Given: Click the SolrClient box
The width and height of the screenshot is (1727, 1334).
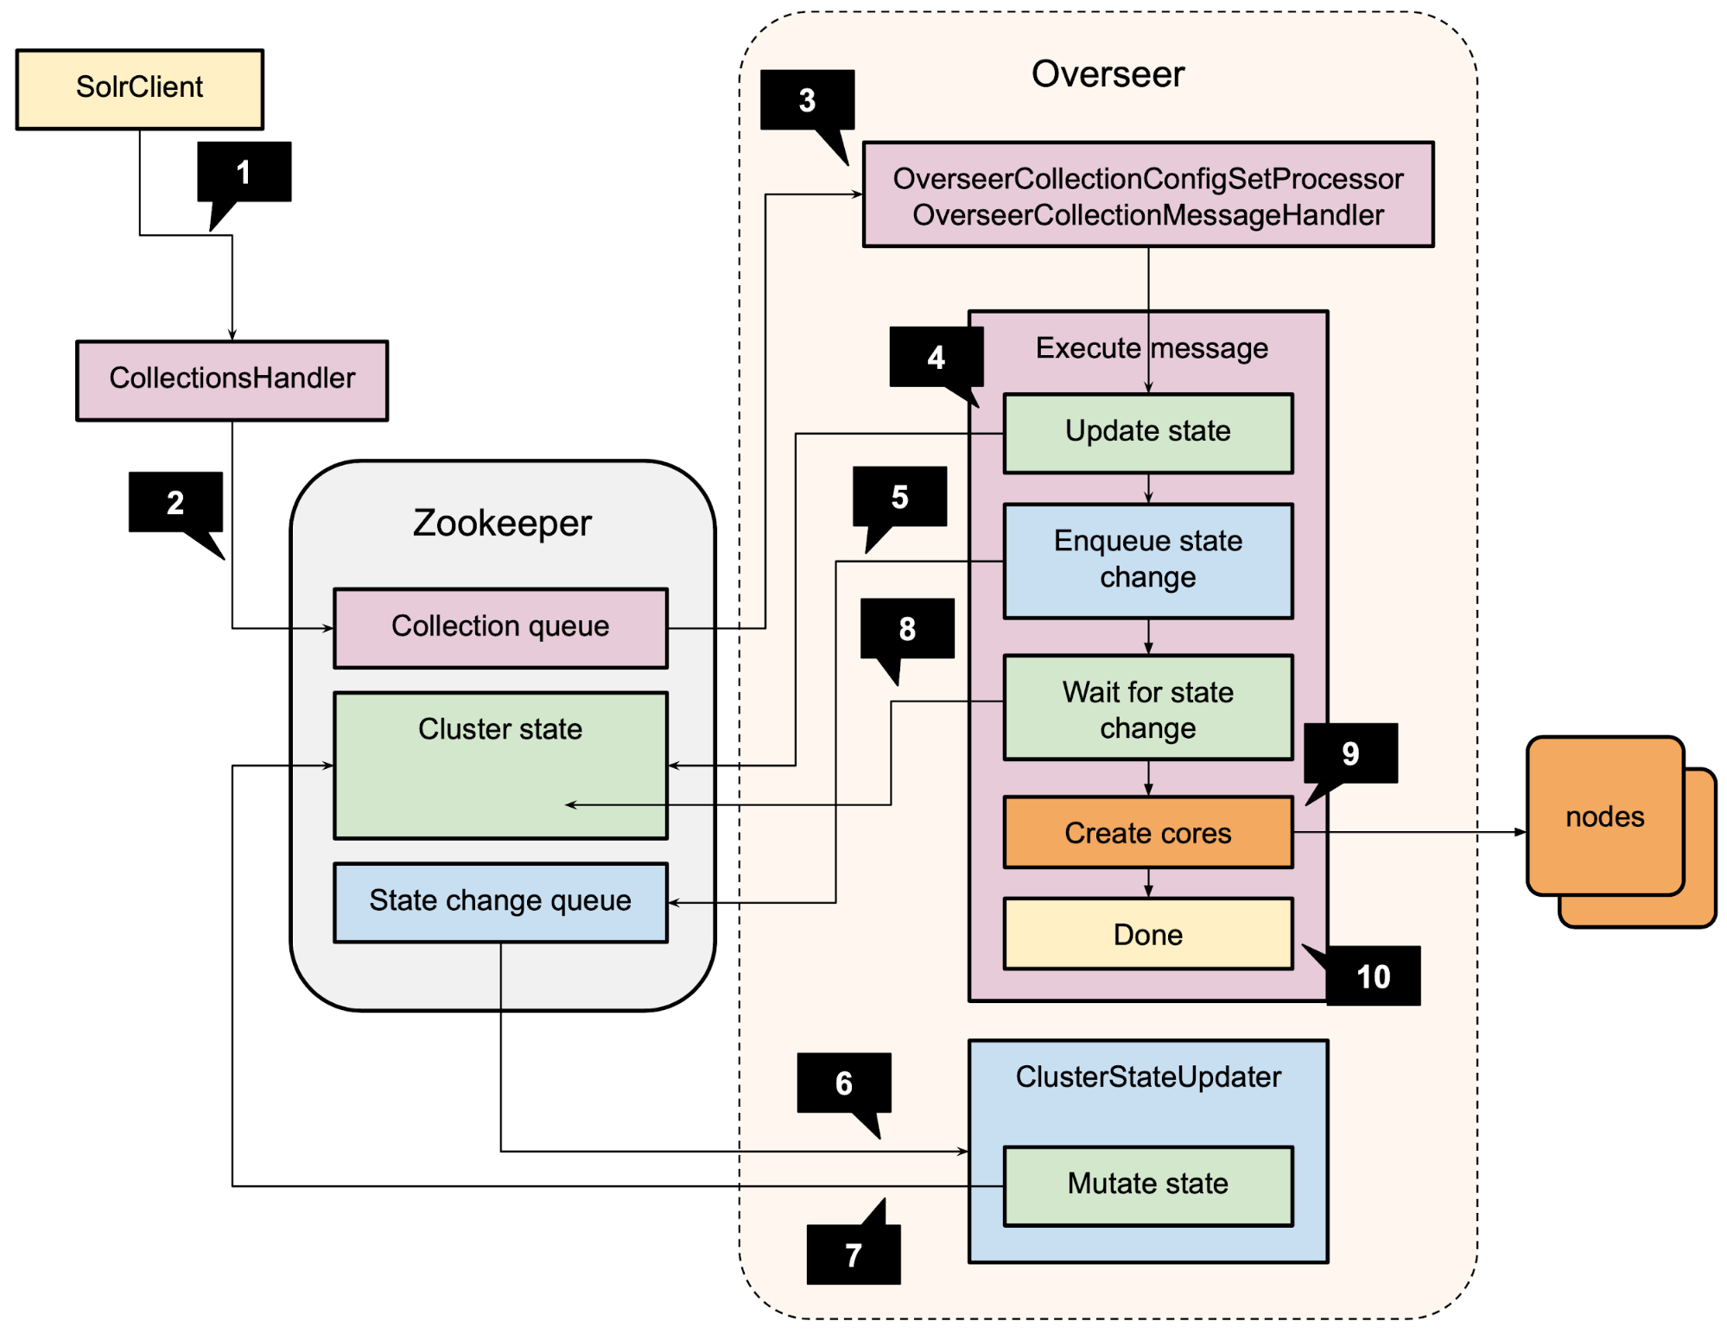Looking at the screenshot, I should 139,88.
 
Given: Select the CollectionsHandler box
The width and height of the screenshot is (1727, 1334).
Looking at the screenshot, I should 232,379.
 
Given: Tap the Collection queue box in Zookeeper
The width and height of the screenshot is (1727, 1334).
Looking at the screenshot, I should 500,627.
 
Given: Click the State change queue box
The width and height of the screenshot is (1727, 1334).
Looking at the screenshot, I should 500,901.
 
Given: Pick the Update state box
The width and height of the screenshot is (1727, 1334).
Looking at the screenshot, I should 1147,432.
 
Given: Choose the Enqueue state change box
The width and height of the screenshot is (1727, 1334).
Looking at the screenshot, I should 1147,560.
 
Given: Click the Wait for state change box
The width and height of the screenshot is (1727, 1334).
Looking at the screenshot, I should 1147,708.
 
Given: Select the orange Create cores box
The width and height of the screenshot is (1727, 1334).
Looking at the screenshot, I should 1147,832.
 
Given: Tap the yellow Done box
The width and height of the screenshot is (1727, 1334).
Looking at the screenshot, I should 1147,934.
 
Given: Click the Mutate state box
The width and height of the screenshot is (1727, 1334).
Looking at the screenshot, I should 1147,1185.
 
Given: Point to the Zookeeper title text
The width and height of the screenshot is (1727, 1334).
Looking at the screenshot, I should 502,524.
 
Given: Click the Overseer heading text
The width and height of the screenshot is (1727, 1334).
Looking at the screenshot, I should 1108,74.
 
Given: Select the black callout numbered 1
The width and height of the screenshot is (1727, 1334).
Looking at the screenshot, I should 244,172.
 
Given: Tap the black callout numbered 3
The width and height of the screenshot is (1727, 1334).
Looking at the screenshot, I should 807,100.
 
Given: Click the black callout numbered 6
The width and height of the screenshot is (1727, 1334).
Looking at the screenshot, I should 843,1083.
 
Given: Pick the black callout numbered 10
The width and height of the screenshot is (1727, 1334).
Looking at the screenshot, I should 1373,976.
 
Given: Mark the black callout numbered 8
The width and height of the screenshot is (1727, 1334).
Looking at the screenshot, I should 906,629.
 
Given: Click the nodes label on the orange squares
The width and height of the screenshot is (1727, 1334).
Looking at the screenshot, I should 1604,816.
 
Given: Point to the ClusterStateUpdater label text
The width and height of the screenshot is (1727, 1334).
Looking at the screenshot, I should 1147,1077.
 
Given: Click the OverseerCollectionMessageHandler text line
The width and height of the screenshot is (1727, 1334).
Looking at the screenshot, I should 1147,215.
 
